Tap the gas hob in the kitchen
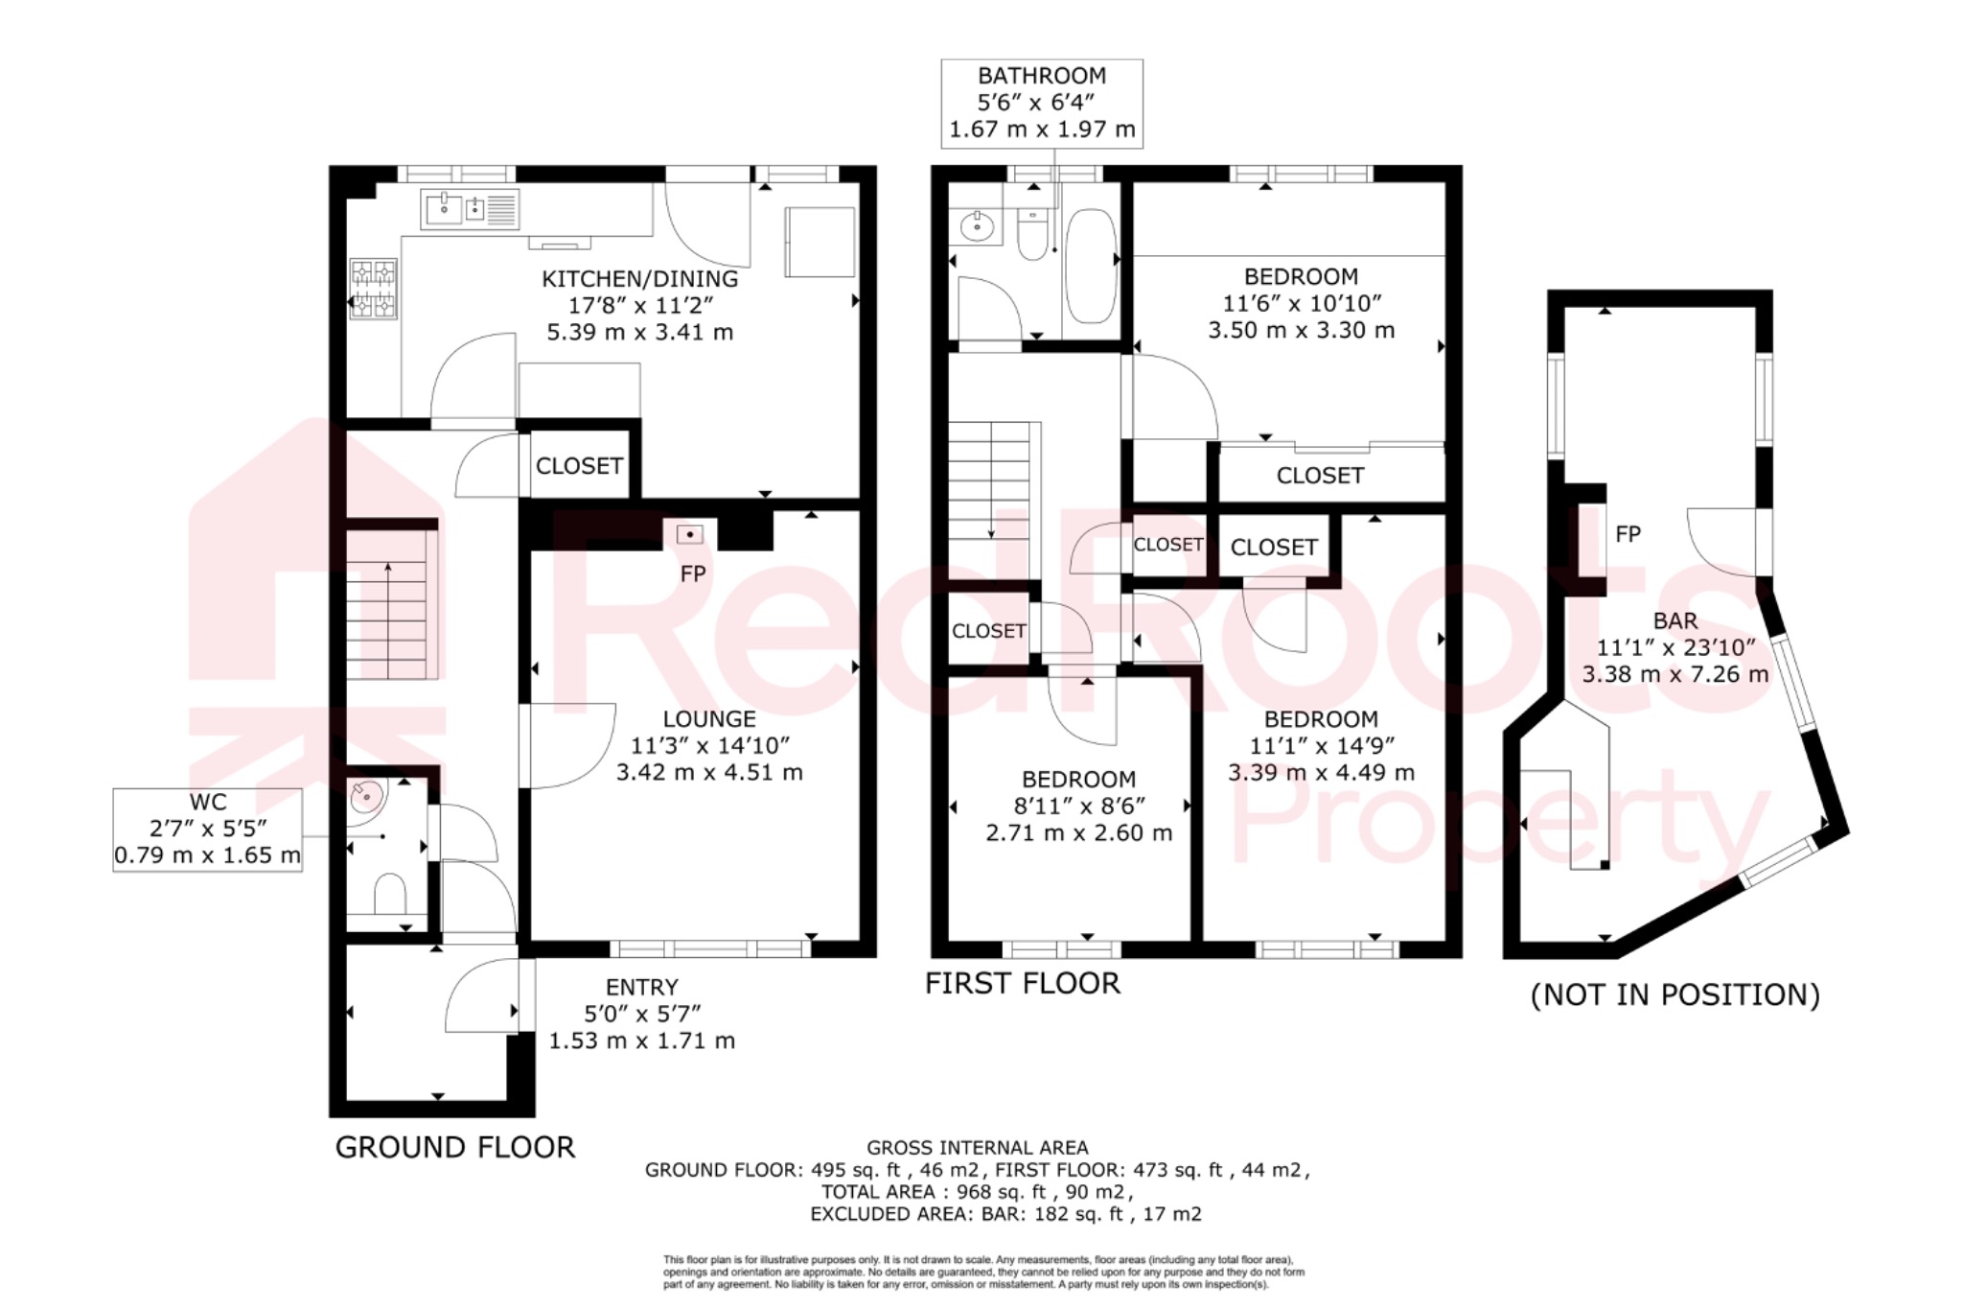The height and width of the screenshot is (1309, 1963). (x=373, y=289)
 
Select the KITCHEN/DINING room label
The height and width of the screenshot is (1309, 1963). (x=639, y=279)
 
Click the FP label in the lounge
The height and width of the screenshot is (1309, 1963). (x=693, y=573)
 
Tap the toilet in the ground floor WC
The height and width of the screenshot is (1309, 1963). (x=388, y=894)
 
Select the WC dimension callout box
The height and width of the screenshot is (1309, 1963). (x=208, y=830)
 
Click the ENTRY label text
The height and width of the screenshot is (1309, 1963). (x=641, y=988)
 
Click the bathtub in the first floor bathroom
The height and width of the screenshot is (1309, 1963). (x=1091, y=267)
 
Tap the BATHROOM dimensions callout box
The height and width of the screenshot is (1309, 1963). (x=1042, y=103)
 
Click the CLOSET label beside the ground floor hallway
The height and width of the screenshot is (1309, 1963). (x=579, y=466)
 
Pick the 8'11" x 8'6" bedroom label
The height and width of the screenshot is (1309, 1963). (x=1078, y=806)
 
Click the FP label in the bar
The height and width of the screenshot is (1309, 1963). (x=1628, y=534)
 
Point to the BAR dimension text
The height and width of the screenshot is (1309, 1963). (x=1674, y=648)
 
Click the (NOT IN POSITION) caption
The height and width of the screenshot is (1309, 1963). (x=1674, y=995)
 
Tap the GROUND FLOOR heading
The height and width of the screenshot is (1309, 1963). (x=454, y=1147)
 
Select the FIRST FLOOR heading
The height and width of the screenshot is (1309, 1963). (x=1022, y=984)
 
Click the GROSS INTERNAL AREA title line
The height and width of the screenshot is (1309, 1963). (x=977, y=1147)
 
